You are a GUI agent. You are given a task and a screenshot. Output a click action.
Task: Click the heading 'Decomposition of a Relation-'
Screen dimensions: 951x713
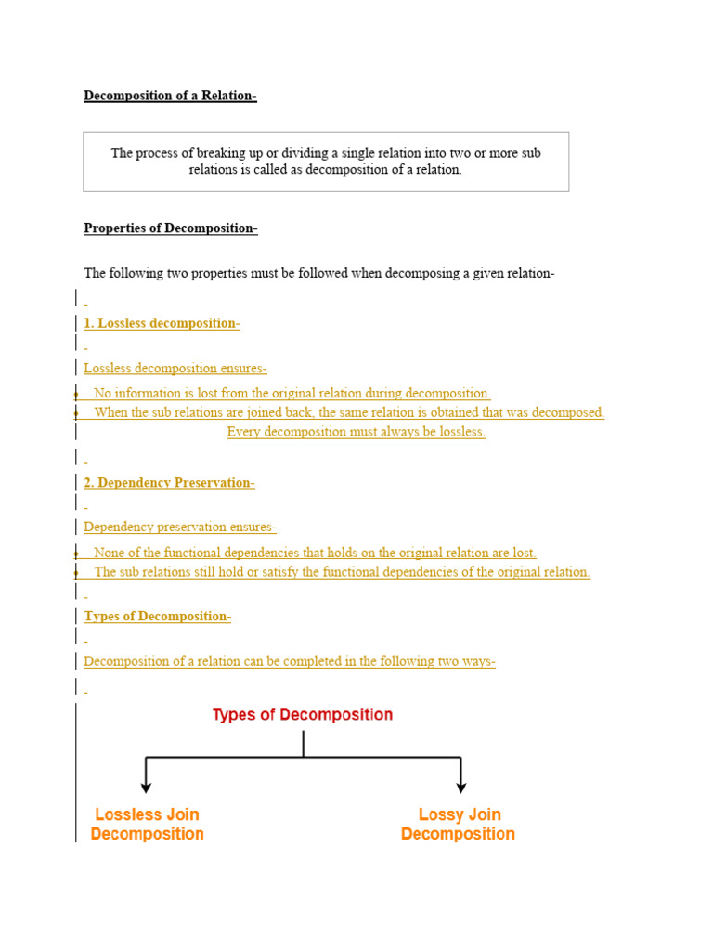170,96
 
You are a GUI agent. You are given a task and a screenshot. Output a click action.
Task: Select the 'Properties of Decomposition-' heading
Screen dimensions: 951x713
170,228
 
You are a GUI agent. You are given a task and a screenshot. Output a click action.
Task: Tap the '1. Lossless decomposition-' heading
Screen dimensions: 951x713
162,323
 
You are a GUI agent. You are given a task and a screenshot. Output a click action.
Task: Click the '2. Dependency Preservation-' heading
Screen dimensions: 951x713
169,483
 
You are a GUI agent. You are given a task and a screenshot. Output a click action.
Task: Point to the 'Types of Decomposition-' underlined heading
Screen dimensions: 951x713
157,617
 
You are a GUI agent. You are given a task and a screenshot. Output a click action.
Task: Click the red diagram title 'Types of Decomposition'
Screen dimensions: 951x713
303,715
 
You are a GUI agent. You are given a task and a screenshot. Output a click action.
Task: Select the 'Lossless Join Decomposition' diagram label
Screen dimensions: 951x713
147,824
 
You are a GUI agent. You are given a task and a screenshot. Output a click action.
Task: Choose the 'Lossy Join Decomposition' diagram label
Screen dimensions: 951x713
458,824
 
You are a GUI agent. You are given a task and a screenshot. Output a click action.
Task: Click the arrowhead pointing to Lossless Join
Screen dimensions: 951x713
146,787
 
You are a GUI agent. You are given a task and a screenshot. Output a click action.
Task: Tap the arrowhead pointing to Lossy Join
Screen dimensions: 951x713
460,787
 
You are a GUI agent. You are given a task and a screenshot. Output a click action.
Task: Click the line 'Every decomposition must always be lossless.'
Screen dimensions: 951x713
356,433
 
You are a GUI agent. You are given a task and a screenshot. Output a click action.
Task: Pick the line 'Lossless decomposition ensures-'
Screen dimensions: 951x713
175,369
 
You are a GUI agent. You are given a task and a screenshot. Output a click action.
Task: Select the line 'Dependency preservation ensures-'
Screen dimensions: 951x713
180,528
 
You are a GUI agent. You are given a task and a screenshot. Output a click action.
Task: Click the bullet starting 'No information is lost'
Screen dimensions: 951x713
292,394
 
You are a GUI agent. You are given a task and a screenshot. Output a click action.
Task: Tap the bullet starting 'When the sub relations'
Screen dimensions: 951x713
349,413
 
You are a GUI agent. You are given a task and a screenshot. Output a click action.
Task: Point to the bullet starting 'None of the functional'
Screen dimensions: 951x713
315,553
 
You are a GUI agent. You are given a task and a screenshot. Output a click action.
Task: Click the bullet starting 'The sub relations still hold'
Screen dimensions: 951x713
342,572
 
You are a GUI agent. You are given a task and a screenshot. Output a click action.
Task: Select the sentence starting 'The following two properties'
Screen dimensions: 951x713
318,273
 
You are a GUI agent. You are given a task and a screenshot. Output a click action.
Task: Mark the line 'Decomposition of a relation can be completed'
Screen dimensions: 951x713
290,662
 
